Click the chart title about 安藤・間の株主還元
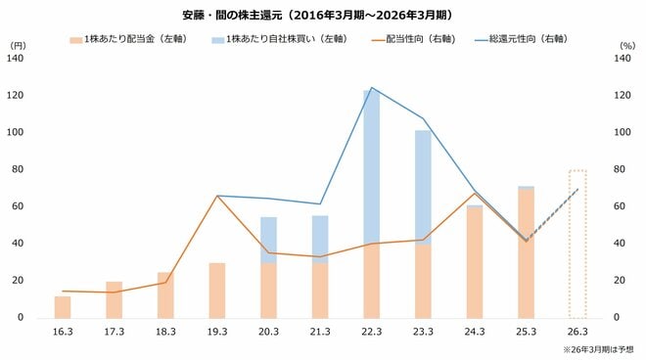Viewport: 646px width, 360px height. (323, 16)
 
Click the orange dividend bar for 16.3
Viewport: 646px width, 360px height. (63, 307)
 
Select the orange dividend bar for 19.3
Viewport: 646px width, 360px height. (216, 291)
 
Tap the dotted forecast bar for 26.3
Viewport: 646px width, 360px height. (577, 245)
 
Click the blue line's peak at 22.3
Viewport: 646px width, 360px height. (371, 88)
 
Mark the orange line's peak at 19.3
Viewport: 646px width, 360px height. (216, 196)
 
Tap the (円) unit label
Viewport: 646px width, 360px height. (19, 46)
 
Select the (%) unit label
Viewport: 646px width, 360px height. (627, 46)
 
